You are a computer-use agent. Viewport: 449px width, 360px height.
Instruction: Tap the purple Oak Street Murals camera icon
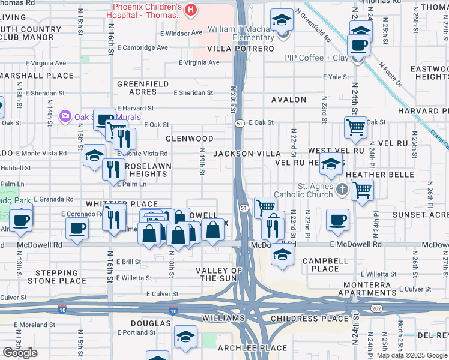(x=66, y=115)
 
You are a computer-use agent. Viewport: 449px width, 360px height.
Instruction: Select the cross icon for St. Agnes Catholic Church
(x=342, y=190)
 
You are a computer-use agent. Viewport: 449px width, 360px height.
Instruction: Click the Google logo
(x=20, y=352)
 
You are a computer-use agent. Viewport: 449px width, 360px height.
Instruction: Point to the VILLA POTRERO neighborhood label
(x=240, y=49)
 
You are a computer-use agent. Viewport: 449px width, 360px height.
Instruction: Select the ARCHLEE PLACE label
(x=261, y=348)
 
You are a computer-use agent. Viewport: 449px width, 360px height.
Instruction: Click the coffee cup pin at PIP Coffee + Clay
(x=359, y=45)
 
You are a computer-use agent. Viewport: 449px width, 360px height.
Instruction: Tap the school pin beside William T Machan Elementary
(x=280, y=21)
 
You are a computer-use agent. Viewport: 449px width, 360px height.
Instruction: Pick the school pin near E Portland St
(x=186, y=338)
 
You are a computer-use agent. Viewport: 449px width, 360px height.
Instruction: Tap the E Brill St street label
(x=129, y=262)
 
